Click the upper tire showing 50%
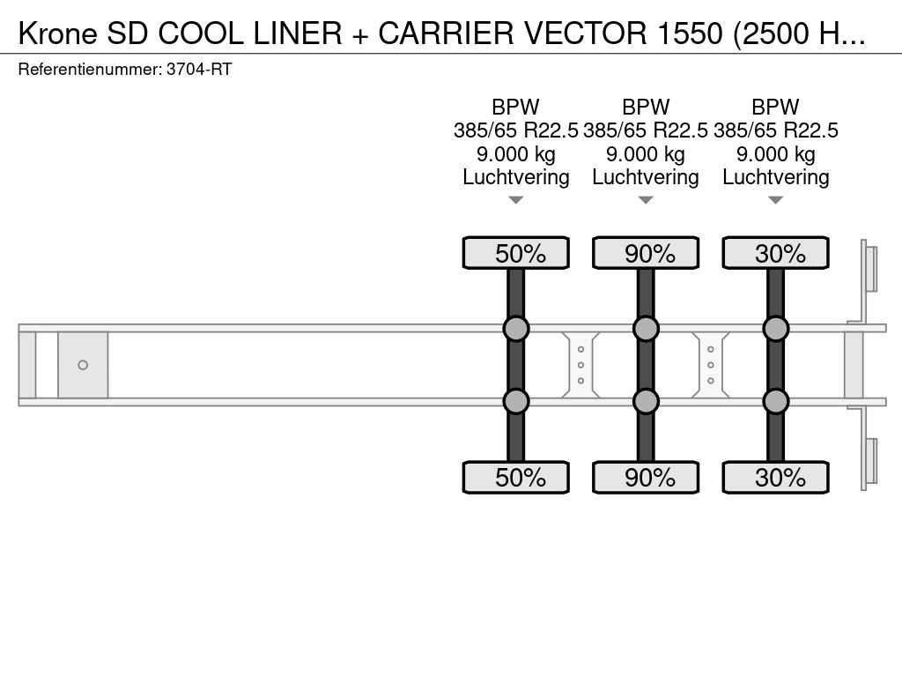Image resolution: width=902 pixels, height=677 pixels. point(515,253)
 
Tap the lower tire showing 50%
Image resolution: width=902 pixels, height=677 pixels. point(515,477)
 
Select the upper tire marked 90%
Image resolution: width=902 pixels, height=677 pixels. point(646,253)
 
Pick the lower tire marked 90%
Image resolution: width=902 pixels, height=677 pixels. point(646,477)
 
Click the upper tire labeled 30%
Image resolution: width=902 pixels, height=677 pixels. point(775,253)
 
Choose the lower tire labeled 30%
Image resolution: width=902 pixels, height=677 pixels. point(775,477)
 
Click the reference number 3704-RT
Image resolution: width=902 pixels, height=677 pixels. point(199,70)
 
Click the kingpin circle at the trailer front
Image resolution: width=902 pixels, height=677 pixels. point(83,365)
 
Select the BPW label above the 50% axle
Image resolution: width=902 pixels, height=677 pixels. point(515,108)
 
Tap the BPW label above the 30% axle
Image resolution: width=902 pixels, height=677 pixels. point(775,108)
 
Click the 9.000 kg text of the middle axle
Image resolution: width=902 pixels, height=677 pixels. point(646,154)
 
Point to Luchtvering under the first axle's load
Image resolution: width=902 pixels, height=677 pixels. point(515,177)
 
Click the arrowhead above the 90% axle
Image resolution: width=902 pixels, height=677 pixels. point(646,200)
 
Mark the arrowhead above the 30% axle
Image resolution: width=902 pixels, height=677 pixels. point(775,200)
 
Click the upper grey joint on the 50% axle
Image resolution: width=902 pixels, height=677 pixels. point(515,329)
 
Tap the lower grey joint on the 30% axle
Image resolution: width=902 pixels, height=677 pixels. point(775,401)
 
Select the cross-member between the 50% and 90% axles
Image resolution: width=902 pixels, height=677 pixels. point(580,365)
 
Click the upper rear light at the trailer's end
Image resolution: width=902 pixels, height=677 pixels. point(870,268)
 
